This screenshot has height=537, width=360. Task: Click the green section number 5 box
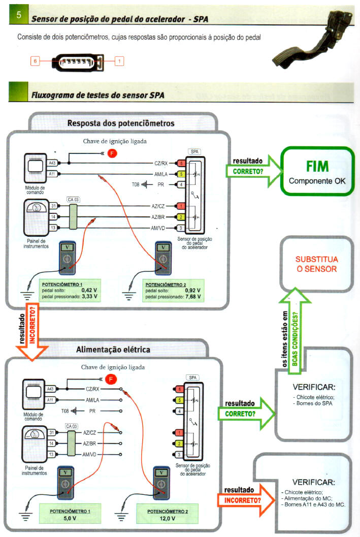pos(19,16)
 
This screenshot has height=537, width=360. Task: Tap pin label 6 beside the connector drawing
pos(35,61)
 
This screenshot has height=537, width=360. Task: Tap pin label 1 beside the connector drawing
pos(119,61)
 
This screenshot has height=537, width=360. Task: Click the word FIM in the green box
pos(317,167)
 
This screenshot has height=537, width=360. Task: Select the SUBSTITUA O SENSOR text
pos(316,264)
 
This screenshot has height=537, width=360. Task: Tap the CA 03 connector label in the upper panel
pos(73,200)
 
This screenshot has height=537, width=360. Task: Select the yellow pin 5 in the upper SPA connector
pos(181,174)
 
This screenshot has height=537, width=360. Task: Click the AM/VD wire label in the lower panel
pos(90,454)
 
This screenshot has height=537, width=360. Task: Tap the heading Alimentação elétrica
pos(113,350)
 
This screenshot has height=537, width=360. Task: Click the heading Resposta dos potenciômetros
pos(121,123)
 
